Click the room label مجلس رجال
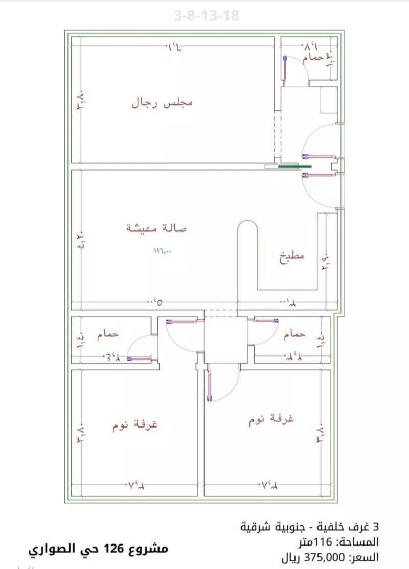coord(163,103)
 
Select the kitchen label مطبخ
coord(291,256)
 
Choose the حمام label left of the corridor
coord(108,333)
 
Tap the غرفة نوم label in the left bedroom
coord(135,425)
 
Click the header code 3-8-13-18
coord(206,16)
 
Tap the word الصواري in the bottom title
coord(52,550)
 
